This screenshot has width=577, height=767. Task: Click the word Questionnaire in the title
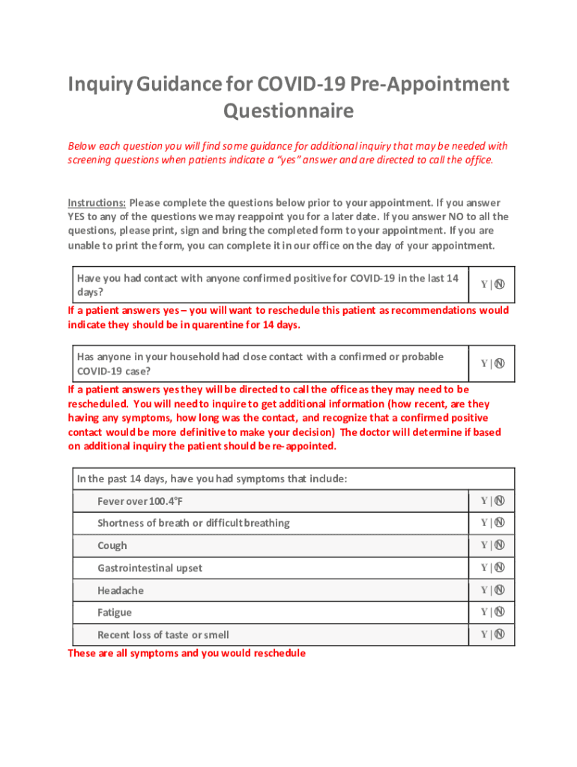[288, 112]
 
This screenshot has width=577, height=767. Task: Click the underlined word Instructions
[97, 203]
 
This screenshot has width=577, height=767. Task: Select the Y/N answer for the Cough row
[492, 545]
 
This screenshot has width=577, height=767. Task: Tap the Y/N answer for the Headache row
[492, 590]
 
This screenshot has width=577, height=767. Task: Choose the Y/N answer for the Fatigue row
[492, 612]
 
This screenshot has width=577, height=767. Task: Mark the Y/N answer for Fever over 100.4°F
[492, 500]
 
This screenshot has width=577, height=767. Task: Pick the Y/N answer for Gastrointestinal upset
[492, 568]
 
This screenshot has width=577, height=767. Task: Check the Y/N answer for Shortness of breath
[492, 523]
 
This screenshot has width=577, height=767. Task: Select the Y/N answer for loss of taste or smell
[492, 634]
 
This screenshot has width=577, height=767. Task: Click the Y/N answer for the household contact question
[492, 363]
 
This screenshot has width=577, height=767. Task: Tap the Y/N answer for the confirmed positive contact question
[492, 284]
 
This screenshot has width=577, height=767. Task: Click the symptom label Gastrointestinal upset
[150, 569]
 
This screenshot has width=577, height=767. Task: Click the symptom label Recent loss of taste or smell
[163, 635]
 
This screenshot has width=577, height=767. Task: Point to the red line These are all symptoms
[187, 653]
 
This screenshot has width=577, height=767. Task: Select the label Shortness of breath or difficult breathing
[193, 524]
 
